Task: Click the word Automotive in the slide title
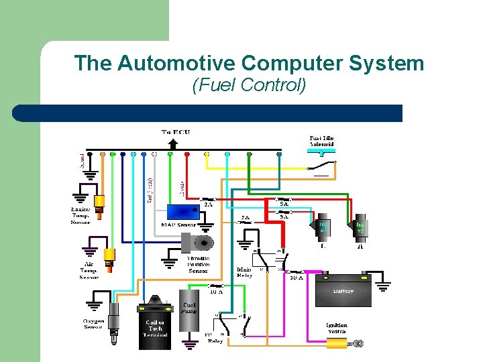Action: tap(176, 63)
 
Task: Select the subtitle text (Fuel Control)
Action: tap(249, 85)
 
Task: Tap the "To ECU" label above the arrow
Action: tap(176, 132)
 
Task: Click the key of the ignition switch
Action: tap(356, 344)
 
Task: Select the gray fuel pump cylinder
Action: tap(189, 315)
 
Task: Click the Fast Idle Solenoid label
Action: tap(321, 141)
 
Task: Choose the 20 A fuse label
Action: tap(296, 278)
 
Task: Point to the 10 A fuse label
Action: tap(216, 291)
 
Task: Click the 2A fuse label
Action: tap(199, 205)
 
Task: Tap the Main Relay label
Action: tap(244, 274)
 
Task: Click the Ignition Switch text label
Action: tap(337, 328)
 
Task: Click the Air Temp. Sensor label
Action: tap(89, 271)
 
